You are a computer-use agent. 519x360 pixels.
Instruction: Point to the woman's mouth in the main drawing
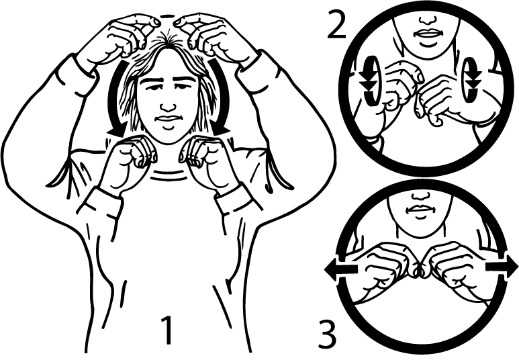(x=168, y=118)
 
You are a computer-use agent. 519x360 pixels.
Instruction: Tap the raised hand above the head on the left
(x=117, y=40)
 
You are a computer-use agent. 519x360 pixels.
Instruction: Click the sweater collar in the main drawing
(x=168, y=175)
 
